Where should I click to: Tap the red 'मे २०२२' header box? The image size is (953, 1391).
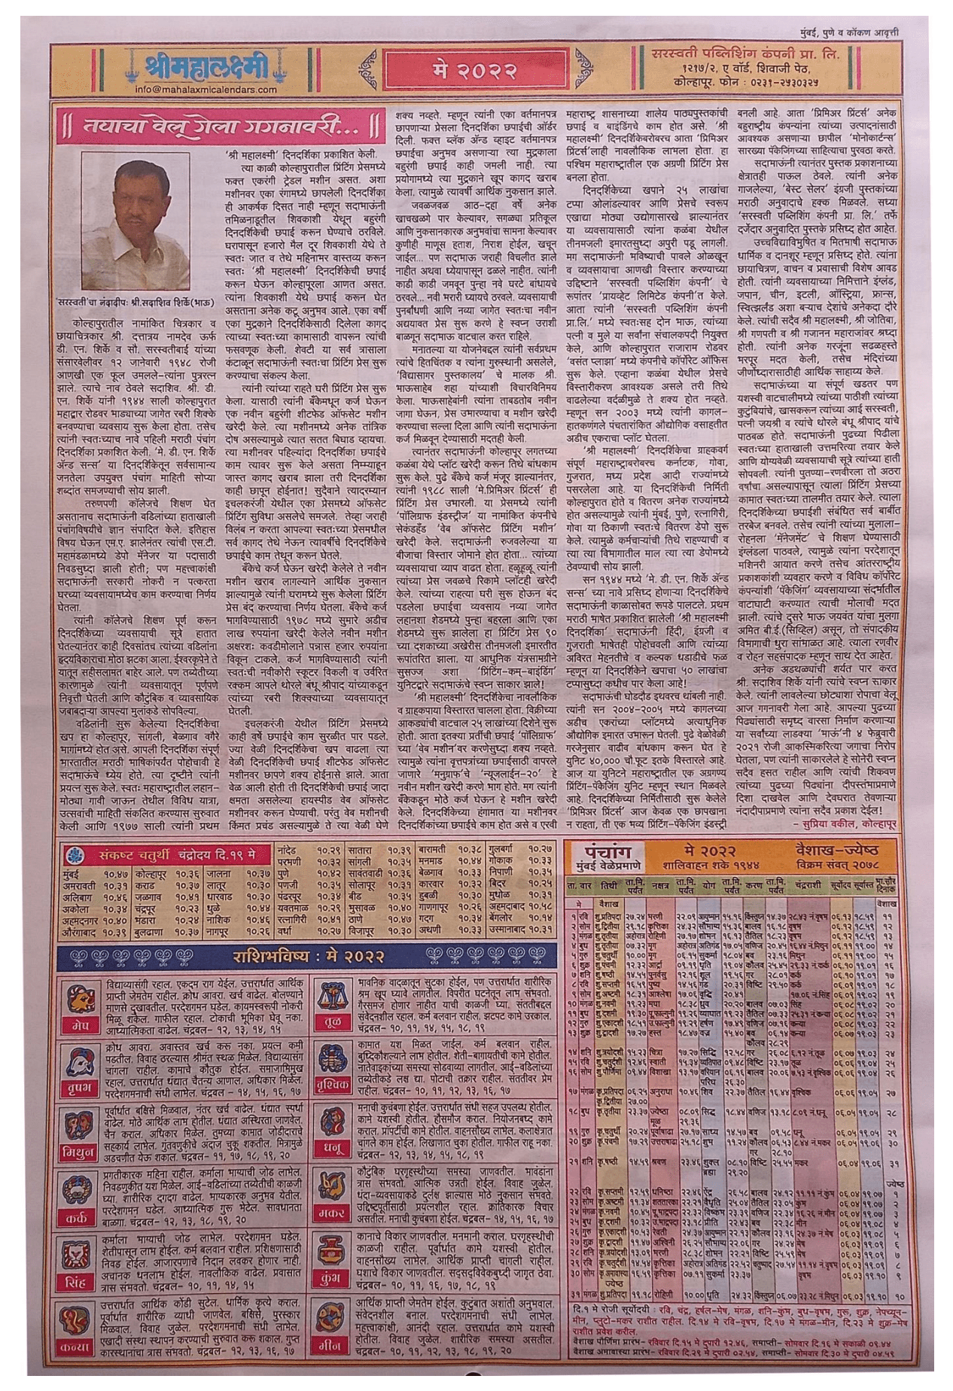click(x=474, y=71)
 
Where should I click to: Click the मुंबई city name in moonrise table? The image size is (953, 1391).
click(x=71, y=874)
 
